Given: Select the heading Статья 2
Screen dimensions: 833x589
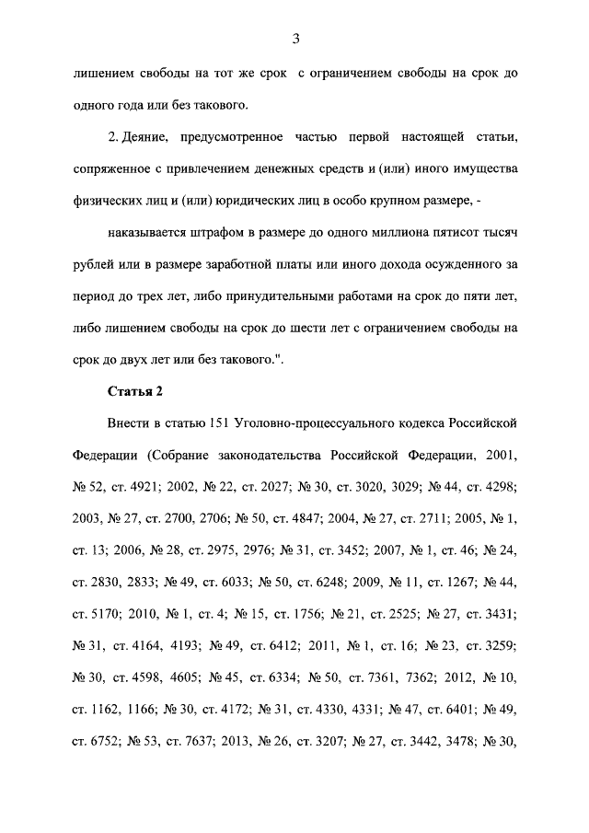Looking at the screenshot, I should [135, 391].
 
